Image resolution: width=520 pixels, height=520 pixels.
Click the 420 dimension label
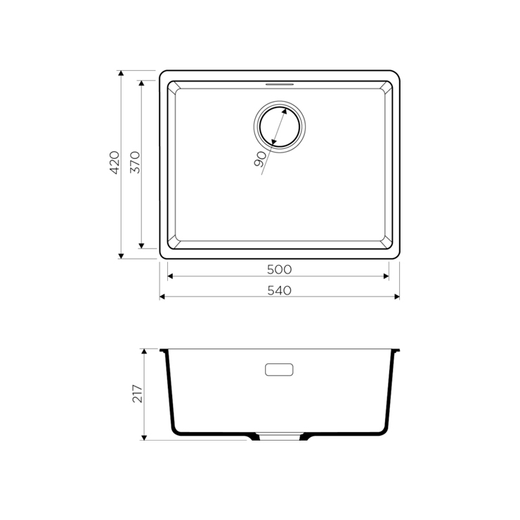click(x=115, y=162)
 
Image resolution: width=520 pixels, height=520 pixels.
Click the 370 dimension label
click(x=136, y=162)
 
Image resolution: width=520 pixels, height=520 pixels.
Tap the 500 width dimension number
click(x=279, y=270)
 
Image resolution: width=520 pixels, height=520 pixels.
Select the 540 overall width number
click(x=279, y=290)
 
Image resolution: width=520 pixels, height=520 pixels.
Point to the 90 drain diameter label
click(x=260, y=159)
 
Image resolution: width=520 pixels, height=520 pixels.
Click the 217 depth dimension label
click(x=137, y=394)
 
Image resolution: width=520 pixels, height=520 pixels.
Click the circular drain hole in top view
click(x=280, y=126)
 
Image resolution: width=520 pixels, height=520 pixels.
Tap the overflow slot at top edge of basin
click(x=280, y=84)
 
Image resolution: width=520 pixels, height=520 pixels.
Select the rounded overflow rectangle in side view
click(x=279, y=370)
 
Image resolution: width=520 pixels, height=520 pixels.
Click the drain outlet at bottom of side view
click(x=279, y=436)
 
